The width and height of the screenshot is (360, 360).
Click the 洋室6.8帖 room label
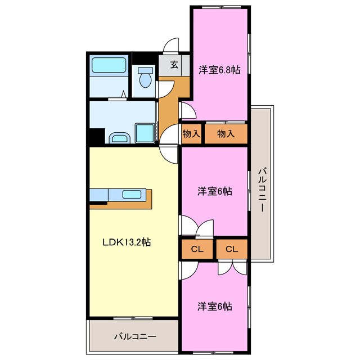tap(219, 70)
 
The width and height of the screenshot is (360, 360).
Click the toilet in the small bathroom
tap(146, 77)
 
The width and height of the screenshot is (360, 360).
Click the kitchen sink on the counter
tap(132, 195)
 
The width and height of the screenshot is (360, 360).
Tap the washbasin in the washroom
tap(119, 137)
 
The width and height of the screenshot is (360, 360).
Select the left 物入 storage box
tap(191, 134)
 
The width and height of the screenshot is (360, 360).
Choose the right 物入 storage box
tap(226, 134)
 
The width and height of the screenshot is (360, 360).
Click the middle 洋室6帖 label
tap(214, 191)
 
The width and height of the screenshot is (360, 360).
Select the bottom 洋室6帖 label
tap(214, 307)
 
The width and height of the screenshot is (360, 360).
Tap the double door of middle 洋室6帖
tap(197, 227)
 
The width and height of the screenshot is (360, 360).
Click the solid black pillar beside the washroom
tap(97, 136)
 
